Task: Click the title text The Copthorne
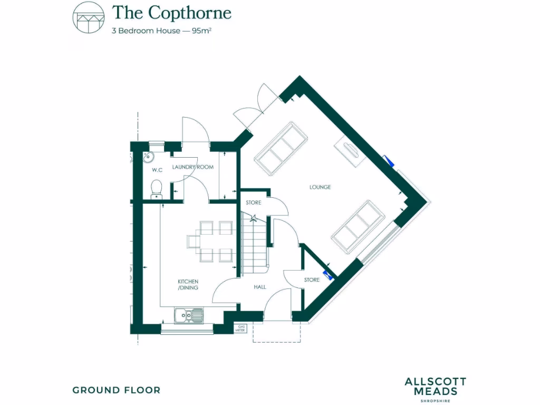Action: [x=171, y=12]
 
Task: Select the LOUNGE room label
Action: [x=320, y=187]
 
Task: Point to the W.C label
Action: [x=157, y=170]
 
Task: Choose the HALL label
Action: [x=259, y=287]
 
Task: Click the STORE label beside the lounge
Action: [x=254, y=202]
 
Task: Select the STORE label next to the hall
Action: [x=312, y=279]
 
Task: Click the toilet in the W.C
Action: [x=156, y=188]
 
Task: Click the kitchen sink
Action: [x=189, y=315]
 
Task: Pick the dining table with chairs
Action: [x=209, y=242]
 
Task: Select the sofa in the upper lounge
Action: [x=281, y=147]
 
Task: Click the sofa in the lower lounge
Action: [x=358, y=225]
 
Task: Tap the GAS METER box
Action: [x=242, y=329]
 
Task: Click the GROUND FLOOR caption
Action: [x=116, y=390]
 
